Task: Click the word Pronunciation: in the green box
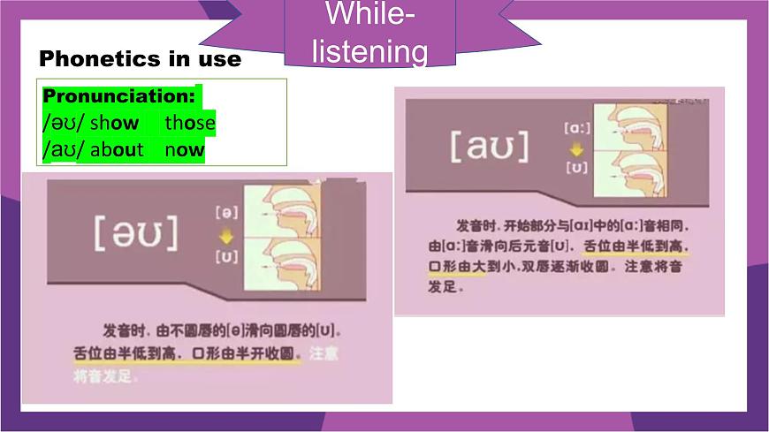tap(118, 95)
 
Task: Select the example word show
tap(114, 123)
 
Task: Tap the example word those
tap(189, 123)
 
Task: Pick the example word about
tap(117, 149)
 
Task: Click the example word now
tap(184, 149)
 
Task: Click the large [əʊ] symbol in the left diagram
tap(135, 232)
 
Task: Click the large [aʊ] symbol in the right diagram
tap(489, 147)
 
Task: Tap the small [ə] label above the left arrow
tap(225, 213)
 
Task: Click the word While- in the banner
tap(369, 15)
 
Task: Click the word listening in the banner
tap(369, 52)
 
